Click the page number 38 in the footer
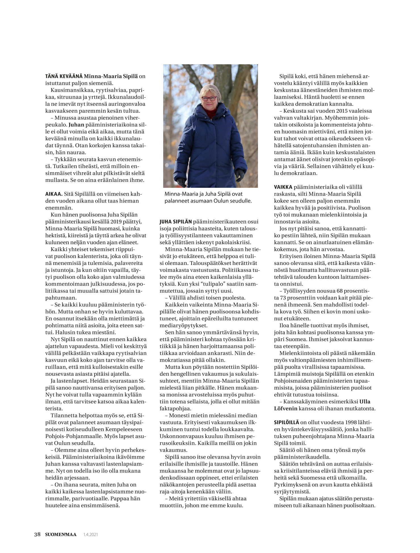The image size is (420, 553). point(37,535)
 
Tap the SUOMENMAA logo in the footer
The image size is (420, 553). point(61,535)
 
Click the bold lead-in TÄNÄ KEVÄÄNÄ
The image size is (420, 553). point(64,76)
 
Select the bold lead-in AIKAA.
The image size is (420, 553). point(54,194)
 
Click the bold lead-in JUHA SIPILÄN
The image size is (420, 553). point(176,222)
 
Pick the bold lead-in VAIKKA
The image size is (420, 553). point(283,187)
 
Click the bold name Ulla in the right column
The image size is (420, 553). point(365,401)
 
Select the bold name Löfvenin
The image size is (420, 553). point(285,409)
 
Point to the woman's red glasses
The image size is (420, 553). point(209,98)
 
